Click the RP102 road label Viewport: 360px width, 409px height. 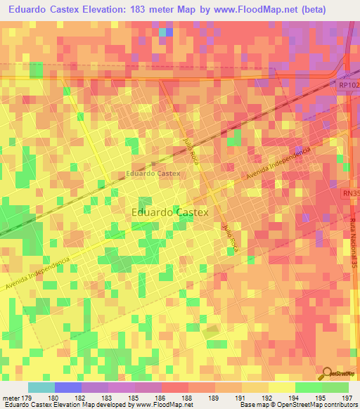(348, 85)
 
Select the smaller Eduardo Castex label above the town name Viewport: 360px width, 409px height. (153, 173)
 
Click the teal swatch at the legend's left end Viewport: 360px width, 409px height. (41, 387)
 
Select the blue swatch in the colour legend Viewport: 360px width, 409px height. (67, 387)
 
